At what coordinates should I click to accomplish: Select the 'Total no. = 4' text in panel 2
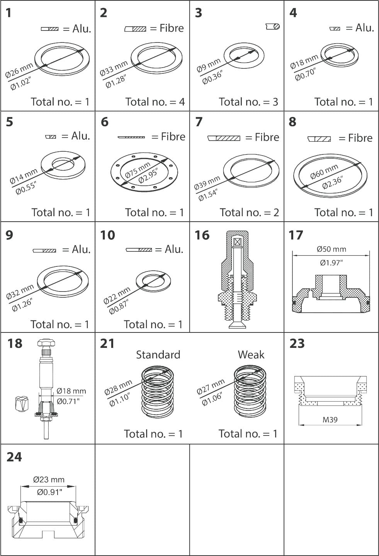[155, 102]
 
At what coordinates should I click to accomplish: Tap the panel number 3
[198, 13]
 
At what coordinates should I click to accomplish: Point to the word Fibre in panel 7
[267, 137]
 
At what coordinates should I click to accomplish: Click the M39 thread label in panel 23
[330, 420]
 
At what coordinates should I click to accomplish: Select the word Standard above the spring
[158, 354]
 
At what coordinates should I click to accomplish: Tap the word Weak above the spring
[251, 354]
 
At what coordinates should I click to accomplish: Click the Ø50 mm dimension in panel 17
[331, 249]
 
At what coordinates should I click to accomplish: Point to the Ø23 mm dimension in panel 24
[49, 480]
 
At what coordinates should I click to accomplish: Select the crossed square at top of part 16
[237, 242]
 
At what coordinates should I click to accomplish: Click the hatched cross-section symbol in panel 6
[131, 137]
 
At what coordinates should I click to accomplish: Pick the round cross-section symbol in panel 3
[273, 26]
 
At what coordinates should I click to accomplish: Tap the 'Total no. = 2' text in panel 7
[249, 212]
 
